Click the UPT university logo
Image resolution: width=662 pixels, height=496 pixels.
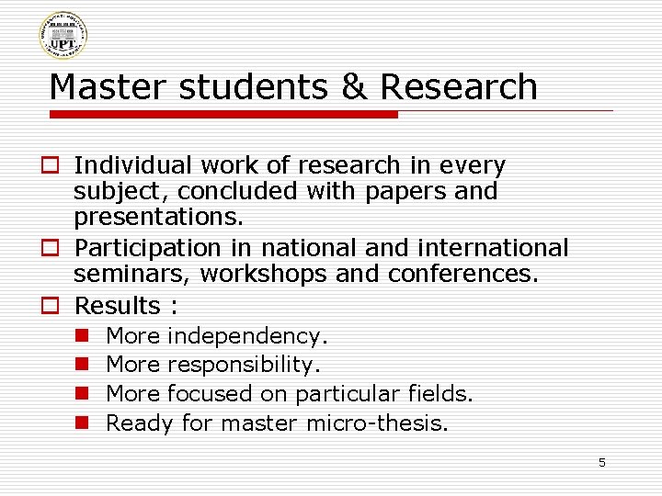pos(63,36)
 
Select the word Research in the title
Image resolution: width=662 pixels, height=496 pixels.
pos(458,86)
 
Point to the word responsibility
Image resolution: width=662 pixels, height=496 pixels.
pos(243,365)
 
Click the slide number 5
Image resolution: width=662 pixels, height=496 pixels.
pos(602,463)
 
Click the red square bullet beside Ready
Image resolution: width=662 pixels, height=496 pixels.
pos(81,423)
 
